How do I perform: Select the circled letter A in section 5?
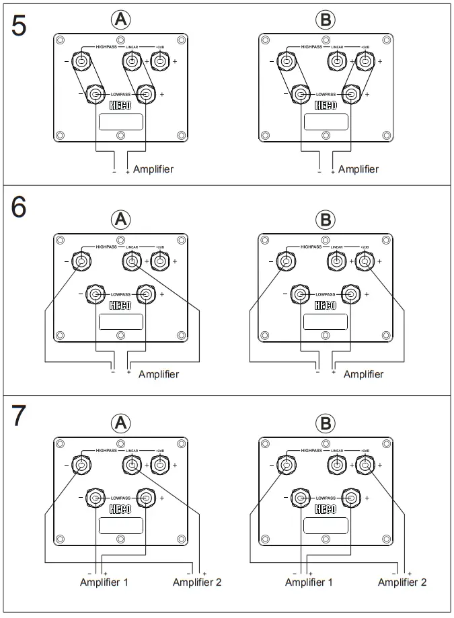(120, 21)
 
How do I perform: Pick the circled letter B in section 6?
(326, 219)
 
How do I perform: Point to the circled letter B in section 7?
(326, 423)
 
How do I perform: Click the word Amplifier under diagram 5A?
(153, 169)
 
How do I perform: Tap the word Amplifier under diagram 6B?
(364, 374)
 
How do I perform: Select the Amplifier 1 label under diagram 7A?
(104, 582)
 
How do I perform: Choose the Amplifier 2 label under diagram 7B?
(402, 582)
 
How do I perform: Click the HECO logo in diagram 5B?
(326, 105)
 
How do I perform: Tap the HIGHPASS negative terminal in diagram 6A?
(81, 261)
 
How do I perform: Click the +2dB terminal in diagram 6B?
(365, 261)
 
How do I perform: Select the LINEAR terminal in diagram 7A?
(131, 464)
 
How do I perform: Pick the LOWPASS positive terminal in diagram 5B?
(350, 94)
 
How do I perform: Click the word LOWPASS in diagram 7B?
(326, 498)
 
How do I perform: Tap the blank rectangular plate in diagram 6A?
(120, 321)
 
